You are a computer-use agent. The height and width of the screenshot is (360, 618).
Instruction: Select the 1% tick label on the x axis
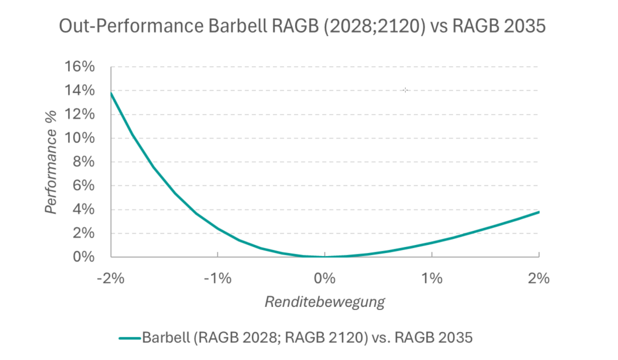coord(431,279)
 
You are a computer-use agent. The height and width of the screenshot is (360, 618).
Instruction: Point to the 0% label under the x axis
coord(325,279)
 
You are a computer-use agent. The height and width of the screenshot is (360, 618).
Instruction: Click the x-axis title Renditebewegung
coord(325,302)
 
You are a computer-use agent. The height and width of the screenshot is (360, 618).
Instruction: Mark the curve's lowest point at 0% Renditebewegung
coord(325,257)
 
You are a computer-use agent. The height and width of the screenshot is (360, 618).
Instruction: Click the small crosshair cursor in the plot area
coord(405,90)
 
